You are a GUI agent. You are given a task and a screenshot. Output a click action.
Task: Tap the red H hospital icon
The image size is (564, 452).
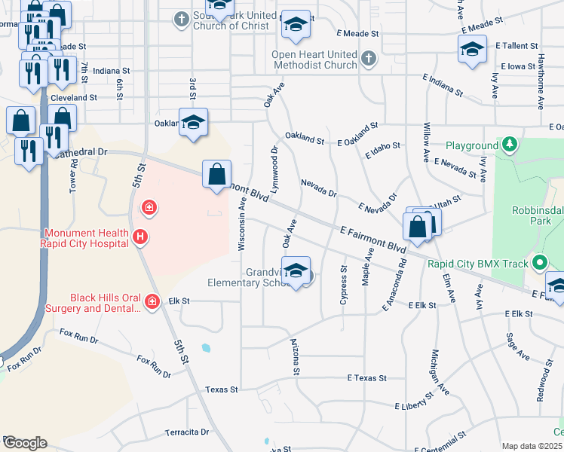tap(139, 237)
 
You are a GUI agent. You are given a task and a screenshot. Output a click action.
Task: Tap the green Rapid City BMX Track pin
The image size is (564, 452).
tap(539, 264)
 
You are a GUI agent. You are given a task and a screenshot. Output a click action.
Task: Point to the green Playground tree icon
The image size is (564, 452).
tap(510, 144)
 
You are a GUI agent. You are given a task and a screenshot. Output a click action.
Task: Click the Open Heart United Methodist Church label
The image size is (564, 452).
tap(315, 60)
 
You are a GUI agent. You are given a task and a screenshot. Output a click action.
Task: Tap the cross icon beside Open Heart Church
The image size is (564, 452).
tap(368, 58)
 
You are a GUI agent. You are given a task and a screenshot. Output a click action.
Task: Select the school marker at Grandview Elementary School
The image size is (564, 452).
tap(296, 272)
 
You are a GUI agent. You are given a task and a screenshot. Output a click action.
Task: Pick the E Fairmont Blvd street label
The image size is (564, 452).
tap(372, 237)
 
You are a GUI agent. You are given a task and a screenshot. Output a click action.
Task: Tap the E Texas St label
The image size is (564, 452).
tap(366, 377)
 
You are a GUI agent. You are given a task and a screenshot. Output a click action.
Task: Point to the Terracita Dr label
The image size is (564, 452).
tap(187, 432)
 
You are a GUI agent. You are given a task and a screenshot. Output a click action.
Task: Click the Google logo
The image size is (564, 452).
tap(24, 443)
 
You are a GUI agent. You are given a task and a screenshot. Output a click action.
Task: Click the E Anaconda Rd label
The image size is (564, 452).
tap(394, 286)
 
